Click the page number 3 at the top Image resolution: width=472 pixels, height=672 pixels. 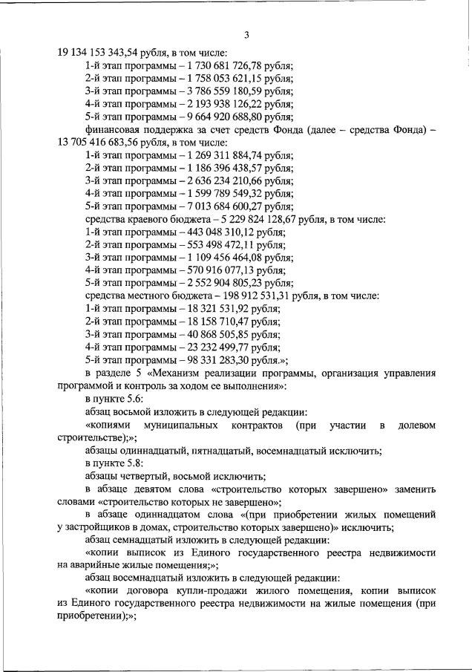(x=246, y=35)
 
